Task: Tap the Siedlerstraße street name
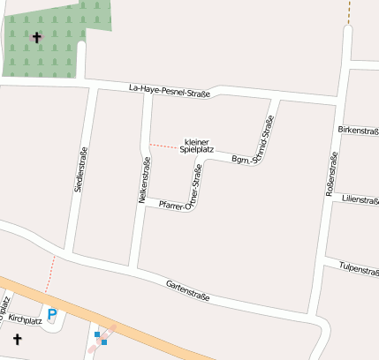tap(81, 169)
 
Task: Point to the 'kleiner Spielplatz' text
tap(196, 146)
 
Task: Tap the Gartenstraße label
tap(188, 289)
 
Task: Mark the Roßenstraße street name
tap(332, 174)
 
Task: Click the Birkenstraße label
tap(359, 131)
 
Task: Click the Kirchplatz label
tap(26, 320)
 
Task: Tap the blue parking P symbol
tap(51, 313)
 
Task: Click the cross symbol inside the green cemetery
tap(36, 37)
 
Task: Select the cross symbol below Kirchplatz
tap(17, 338)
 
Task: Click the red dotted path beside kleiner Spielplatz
tap(163, 144)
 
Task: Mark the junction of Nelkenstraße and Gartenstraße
tap(133, 268)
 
